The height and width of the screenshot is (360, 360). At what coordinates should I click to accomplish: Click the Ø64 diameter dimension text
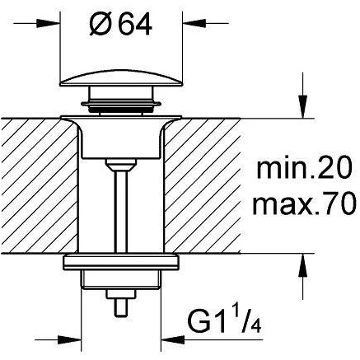(120, 24)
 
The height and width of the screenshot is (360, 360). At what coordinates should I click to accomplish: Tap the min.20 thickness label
(304, 167)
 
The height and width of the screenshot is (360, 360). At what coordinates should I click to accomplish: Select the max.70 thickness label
(304, 203)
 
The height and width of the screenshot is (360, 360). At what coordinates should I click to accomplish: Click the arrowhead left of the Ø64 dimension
(49, 23)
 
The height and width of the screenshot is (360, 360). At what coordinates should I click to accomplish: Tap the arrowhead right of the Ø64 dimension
(194, 23)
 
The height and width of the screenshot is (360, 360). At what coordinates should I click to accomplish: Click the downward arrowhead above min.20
(302, 106)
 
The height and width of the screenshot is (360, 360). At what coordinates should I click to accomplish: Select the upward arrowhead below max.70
(302, 265)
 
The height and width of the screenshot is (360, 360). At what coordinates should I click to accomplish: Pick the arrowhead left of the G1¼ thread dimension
(70, 340)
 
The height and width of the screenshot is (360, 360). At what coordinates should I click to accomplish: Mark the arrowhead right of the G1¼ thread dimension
(172, 340)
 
